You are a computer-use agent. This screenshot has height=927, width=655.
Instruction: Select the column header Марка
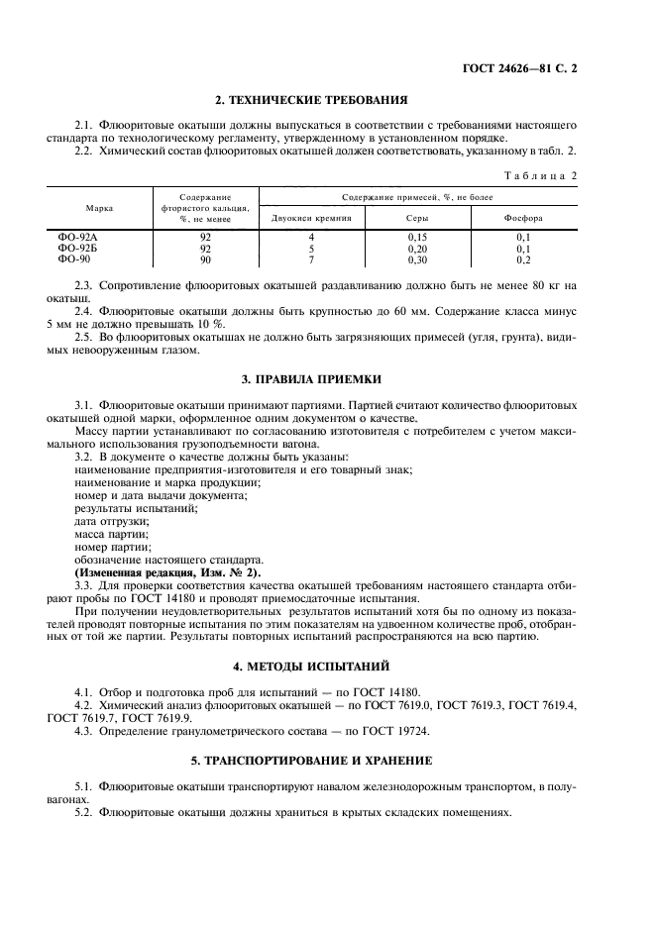(99, 209)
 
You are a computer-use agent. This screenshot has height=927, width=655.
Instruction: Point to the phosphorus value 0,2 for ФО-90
(523, 258)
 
